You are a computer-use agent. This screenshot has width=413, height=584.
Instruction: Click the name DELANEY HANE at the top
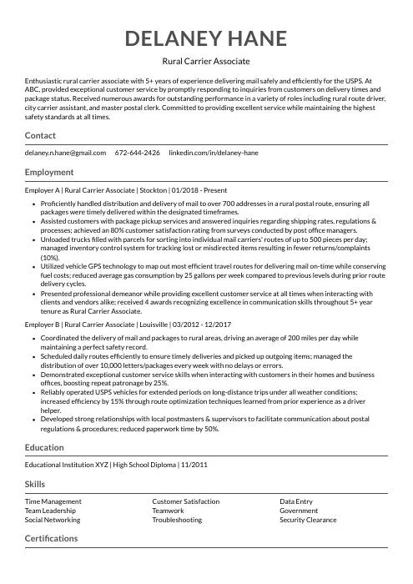click(206, 38)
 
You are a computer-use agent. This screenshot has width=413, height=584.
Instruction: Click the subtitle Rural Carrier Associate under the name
click(206, 62)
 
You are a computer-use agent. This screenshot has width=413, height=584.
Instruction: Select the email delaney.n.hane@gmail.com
click(65, 154)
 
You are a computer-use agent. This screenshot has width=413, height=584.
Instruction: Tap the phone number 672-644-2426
click(138, 154)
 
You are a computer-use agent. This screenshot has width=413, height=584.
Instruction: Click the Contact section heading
click(40, 135)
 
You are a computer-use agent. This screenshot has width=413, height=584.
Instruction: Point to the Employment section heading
click(49, 172)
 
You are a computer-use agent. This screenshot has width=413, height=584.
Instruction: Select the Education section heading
click(44, 447)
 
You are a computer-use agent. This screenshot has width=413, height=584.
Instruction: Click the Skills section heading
click(35, 484)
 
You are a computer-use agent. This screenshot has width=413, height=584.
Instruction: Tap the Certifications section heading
click(51, 538)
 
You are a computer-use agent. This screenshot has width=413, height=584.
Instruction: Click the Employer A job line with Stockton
click(126, 190)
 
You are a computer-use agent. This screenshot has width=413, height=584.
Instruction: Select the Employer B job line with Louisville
click(128, 324)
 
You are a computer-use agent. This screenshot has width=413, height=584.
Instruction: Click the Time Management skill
click(53, 501)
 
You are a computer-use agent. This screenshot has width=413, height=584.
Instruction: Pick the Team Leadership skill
click(50, 511)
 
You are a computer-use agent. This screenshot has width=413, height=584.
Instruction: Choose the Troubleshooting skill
click(177, 520)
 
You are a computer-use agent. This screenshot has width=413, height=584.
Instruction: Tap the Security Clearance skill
click(308, 520)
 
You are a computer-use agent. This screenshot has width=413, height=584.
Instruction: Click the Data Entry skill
click(296, 501)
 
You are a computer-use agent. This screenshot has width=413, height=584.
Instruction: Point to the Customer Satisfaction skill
click(186, 501)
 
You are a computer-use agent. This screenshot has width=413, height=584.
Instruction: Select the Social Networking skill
click(53, 520)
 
